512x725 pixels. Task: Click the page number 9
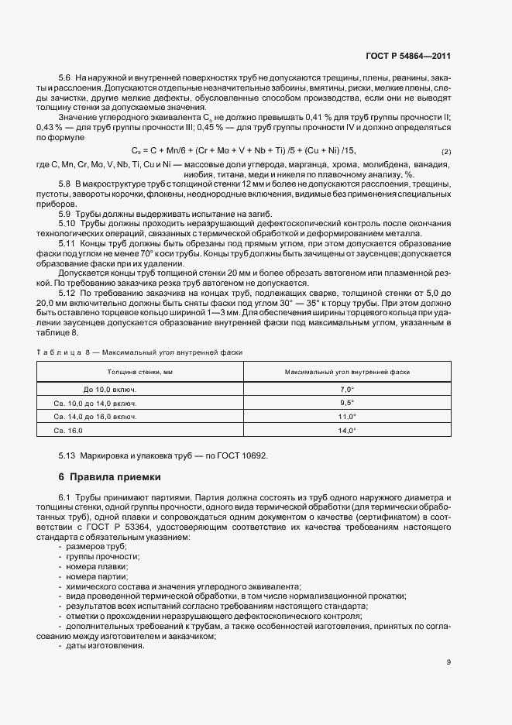[448, 661]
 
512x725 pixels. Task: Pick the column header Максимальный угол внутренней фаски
[346, 373]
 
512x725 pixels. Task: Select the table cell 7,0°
[346, 390]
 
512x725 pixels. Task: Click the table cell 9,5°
[346, 403]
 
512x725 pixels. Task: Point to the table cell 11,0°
[346, 417]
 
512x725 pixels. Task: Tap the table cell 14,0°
[346, 430]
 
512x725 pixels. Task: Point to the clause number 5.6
[65, 79]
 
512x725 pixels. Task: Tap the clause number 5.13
[67, 455]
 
